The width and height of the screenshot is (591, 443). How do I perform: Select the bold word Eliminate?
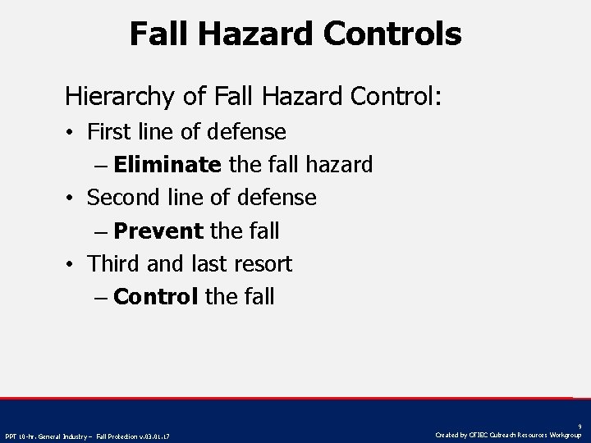(167, 165)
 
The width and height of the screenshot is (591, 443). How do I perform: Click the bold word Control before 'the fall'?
(156, 297)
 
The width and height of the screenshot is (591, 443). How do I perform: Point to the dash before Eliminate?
(100, 166)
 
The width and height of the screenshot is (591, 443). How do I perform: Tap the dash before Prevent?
(100, 232)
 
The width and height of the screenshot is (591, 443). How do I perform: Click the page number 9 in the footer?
(580, 426)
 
